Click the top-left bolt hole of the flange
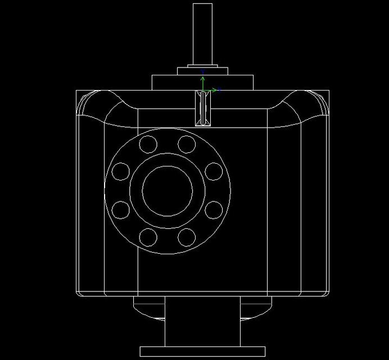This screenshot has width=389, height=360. [x=149, y=145]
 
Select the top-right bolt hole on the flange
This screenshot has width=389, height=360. [x=186, y=145]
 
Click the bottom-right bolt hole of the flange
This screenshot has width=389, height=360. [x=186, y=237]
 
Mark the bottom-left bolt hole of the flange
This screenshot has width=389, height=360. [x=149, y=237]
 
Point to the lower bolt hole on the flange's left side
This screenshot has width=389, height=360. [x=121, y=210]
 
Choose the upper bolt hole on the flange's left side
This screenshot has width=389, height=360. [x=121, y=171]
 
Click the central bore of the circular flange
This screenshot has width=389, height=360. [x=168, y=191]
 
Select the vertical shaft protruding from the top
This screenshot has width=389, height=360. [x=202, y=34]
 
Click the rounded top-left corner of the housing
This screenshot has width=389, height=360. [x=90, y=104]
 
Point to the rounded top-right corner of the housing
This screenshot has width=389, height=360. [x=315, y=104]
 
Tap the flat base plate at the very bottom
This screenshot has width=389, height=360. [x=202, y=352]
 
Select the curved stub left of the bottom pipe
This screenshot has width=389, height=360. [x=148, y=308]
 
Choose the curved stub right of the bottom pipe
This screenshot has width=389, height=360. [x=256, y=308]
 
